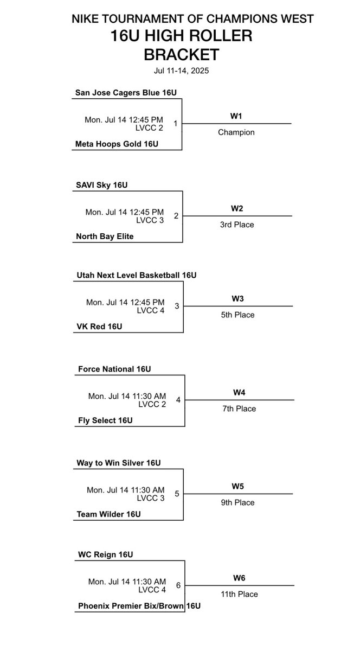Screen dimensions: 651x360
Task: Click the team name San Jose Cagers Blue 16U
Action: [x=126, y=93]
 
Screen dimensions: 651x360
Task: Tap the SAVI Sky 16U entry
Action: [x=102, y=185]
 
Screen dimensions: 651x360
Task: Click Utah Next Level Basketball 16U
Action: [x=136, y=276]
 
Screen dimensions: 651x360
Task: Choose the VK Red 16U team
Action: [x=99, y=327]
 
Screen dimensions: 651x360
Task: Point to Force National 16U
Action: [x=114, y=369]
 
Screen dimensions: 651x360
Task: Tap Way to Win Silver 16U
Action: [x=119, y=463]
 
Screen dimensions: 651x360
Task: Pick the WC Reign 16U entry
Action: [x=105, y=554]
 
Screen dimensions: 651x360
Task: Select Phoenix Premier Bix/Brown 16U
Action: [x=139, y=605]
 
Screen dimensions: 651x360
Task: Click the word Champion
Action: [x=236, y=132]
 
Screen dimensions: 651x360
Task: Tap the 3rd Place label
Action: [x=236, y=225]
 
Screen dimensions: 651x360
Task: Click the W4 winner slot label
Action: [x=238, y=392]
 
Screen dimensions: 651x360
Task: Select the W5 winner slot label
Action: [x=237, y=486]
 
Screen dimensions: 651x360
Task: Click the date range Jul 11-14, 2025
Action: [x=181, y=71]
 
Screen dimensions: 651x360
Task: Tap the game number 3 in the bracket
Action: [x=177, y=306]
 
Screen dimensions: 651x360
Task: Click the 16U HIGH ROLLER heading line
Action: [x=181, y=36]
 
